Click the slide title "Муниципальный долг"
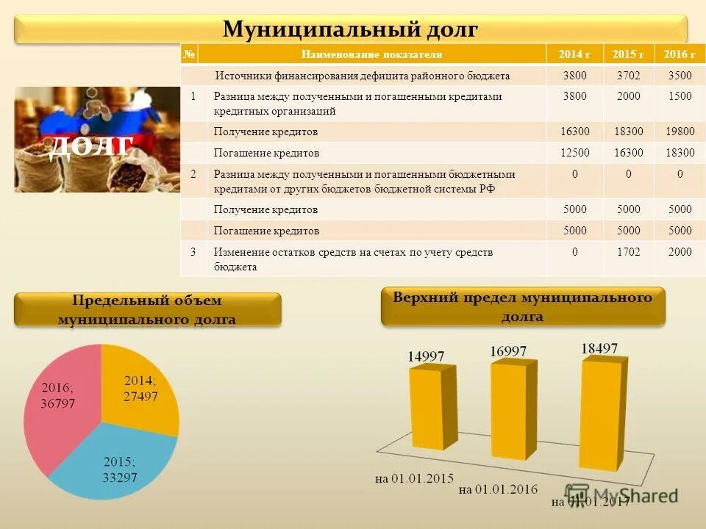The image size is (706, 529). [x=351, y=29]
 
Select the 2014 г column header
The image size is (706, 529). [x=574, y=54]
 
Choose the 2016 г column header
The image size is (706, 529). [x=680, y=54]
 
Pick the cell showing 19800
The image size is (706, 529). [x=680, y=132]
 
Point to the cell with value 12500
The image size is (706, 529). [x=574, y=153]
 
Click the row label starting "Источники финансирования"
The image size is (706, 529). [x=362, y=76]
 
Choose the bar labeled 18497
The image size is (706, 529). [x=602, y=411]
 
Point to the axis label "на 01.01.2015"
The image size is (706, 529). [x=413, y=478]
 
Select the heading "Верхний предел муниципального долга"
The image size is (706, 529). [x=522, y=306]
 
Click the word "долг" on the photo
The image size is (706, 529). [x=91, y=146]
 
